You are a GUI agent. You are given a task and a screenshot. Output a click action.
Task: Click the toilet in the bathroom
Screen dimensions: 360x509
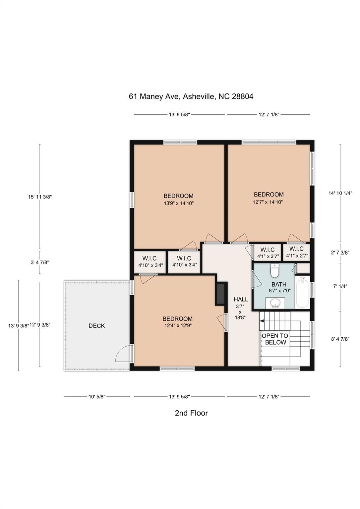(275, 270)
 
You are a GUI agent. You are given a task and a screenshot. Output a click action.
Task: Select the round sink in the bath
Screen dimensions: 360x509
(275, 303)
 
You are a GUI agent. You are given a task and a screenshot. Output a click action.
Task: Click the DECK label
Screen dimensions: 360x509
(97, 326)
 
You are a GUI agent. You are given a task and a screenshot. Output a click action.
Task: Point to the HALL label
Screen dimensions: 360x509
(241, 299)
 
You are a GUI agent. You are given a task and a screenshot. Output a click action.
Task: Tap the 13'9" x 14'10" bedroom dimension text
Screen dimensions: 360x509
(179, 203)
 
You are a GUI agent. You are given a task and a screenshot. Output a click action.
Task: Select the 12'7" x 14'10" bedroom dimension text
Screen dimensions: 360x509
(268, 202)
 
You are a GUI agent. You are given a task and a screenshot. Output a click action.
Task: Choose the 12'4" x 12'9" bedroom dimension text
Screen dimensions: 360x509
(178, 325)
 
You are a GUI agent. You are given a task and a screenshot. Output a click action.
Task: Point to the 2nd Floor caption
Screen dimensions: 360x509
(191, 413)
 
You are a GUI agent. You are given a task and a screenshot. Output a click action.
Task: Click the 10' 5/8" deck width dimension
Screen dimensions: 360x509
(97, 397)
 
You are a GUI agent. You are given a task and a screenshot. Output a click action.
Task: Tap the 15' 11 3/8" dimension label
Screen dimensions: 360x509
(40, 197)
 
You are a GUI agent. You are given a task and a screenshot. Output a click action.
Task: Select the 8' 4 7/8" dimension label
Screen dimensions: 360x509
(340, 339)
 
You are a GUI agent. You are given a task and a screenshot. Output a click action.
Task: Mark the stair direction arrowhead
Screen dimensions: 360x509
(262, 321)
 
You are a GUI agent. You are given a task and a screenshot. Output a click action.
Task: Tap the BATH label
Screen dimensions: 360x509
(279, 284)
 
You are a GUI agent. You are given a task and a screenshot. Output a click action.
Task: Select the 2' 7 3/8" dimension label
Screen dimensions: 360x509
(340, 252)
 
